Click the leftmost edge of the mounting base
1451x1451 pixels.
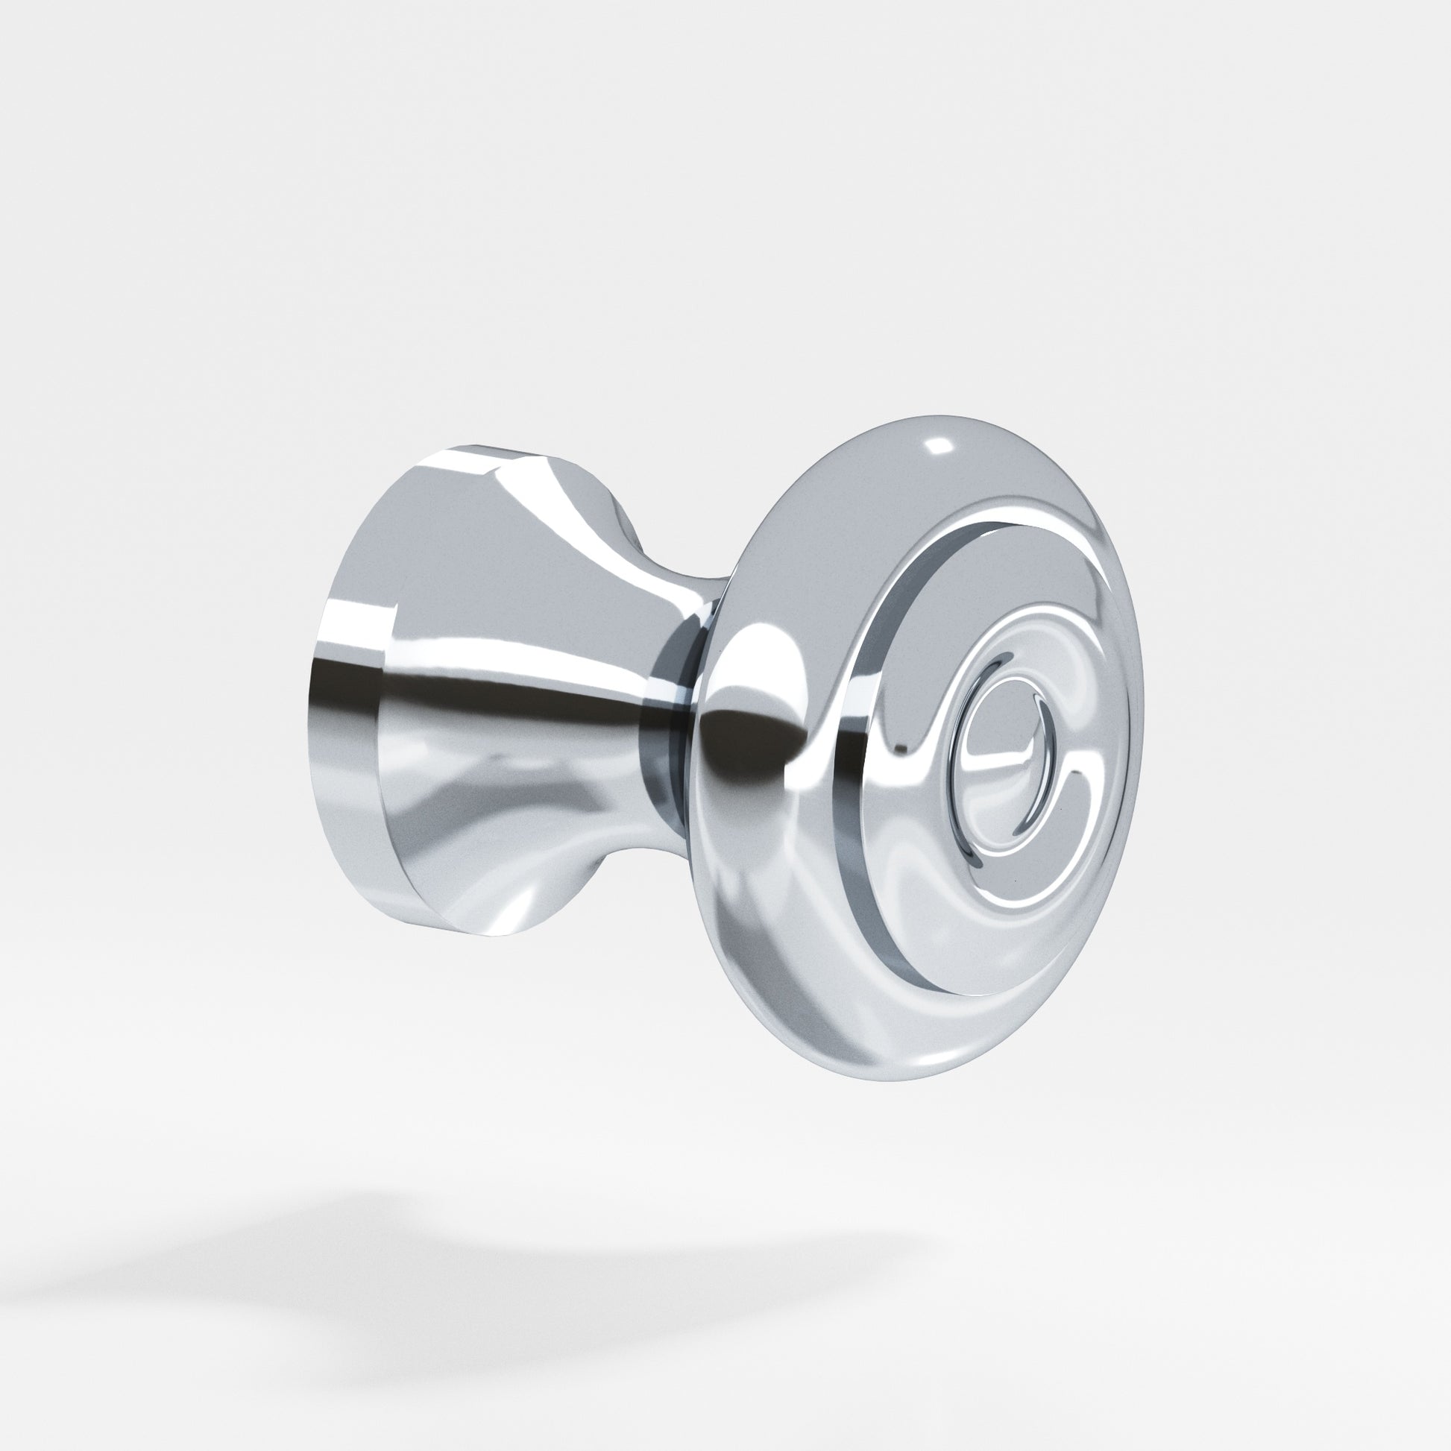click(x=309, y=706)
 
